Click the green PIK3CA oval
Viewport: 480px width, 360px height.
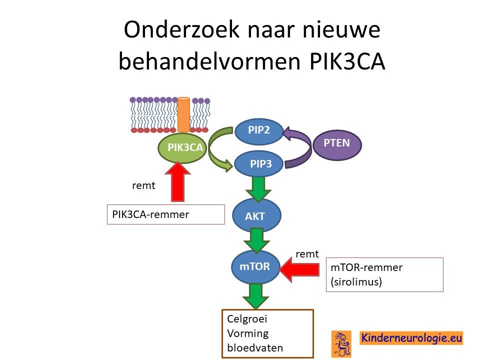click(182, 148)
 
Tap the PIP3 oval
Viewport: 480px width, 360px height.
click(259, 163)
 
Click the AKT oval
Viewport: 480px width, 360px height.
click(256, 215)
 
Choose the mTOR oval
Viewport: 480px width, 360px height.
click(255, 266)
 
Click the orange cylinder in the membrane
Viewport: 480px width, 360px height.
click(183, 114)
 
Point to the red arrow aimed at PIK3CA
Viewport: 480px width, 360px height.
click(177, 181)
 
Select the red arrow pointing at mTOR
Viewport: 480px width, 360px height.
click(299, 269)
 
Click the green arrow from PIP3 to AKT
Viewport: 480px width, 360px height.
click(258, 189)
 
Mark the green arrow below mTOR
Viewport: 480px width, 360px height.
click(255, 296)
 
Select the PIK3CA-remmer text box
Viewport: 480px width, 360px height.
click(166, 214)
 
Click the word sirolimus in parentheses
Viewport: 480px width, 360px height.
click(356, 281)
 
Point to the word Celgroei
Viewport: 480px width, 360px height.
click(247, 319)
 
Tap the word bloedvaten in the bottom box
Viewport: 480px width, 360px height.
click(255, 348)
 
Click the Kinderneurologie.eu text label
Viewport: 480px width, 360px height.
click(411, 338)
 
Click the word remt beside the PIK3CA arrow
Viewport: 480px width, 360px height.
click(143, 185)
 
